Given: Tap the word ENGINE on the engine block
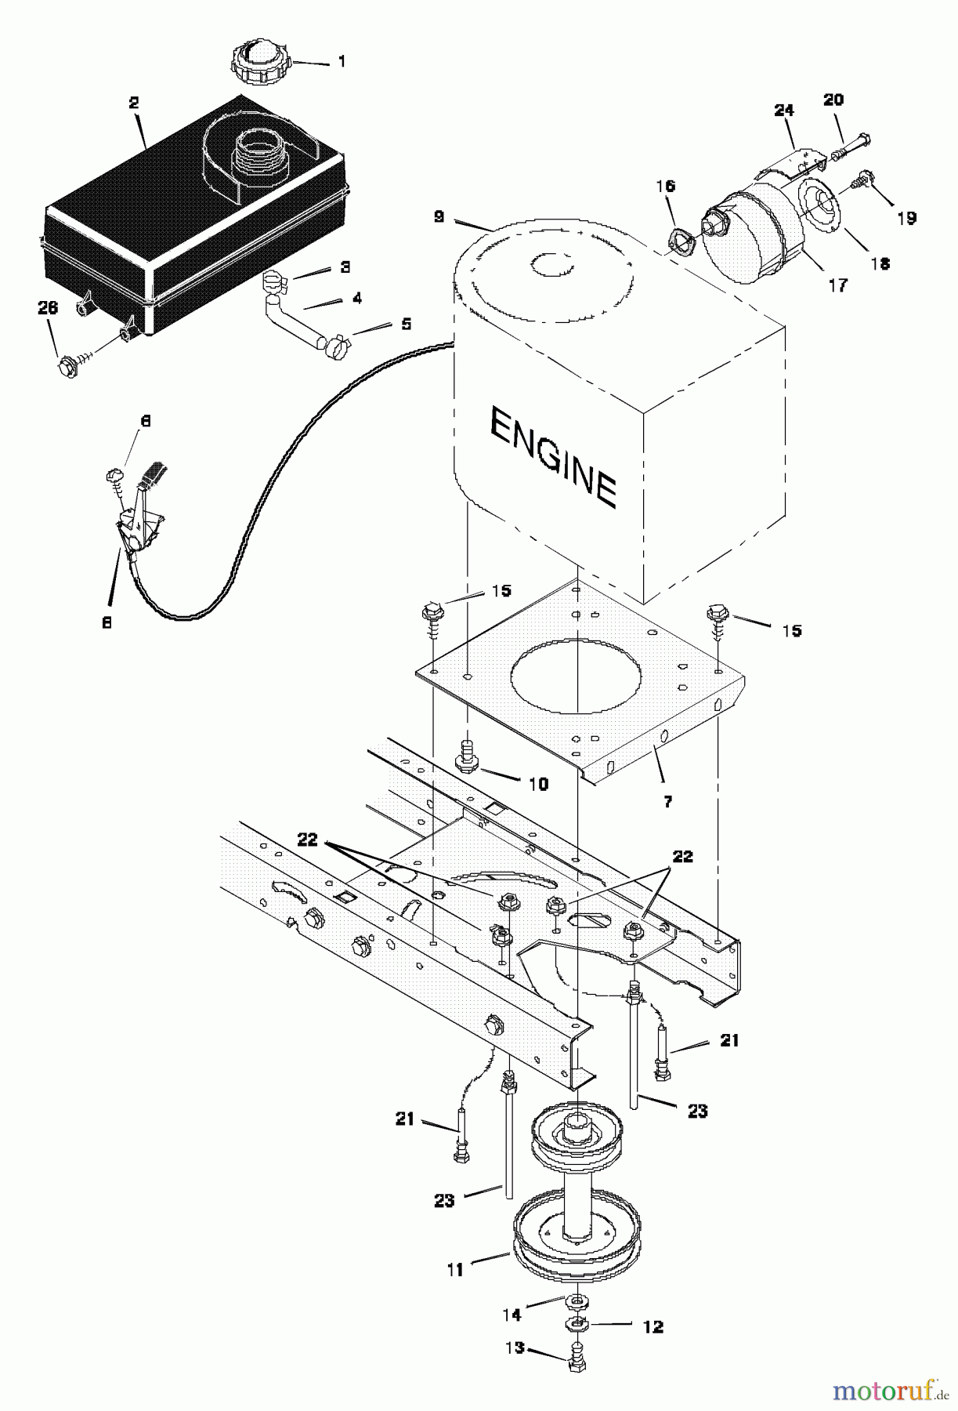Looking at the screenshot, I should click(552, 459).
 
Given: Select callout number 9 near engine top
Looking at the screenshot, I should click(439, 215).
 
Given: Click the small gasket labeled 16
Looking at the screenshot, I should click(675, 239).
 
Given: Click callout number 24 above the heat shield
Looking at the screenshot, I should click(783, 111).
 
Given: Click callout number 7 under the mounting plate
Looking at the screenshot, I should click(667, 801).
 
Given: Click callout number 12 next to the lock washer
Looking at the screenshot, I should click(652, 1326).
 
